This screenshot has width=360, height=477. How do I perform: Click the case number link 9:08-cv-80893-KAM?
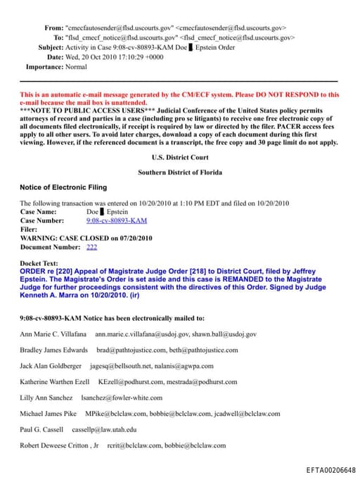(116, 220)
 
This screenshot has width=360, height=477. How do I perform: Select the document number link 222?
(91, 247)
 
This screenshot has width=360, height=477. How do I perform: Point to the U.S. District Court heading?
(180, 158)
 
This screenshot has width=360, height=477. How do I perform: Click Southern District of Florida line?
(180, 172)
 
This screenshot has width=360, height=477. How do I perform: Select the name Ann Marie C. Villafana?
(53, 333)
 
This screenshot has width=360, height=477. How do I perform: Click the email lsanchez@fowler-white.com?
(122, 397)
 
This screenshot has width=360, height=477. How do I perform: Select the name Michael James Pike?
(49, 413)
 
